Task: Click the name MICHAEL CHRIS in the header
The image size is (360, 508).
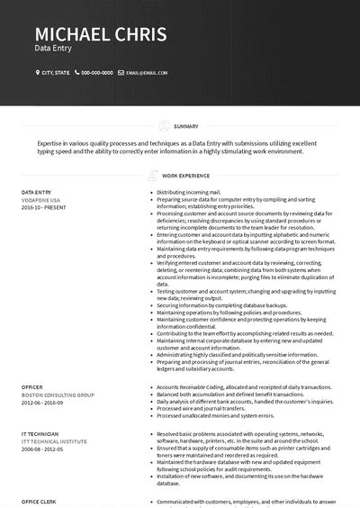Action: [100, 35]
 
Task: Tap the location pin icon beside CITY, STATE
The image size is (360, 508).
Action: [38, 72]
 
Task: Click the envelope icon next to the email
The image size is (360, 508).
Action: [121, 72]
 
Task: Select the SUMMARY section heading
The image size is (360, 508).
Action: [186, 126]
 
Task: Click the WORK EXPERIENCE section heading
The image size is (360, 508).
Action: [185, 176]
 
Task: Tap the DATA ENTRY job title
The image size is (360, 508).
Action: [37, 193]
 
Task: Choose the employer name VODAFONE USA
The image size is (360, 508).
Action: [40, 200]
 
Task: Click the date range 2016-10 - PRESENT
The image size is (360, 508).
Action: [44, 207]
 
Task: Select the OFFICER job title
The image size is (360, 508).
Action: [32, 386]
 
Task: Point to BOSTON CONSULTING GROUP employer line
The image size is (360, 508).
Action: [58, 394]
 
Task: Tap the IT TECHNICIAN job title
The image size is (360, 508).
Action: [40, 433]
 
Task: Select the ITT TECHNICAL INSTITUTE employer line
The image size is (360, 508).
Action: [56, 440]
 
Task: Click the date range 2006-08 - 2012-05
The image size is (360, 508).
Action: [43, 448]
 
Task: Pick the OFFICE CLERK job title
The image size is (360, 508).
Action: [39, 501]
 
